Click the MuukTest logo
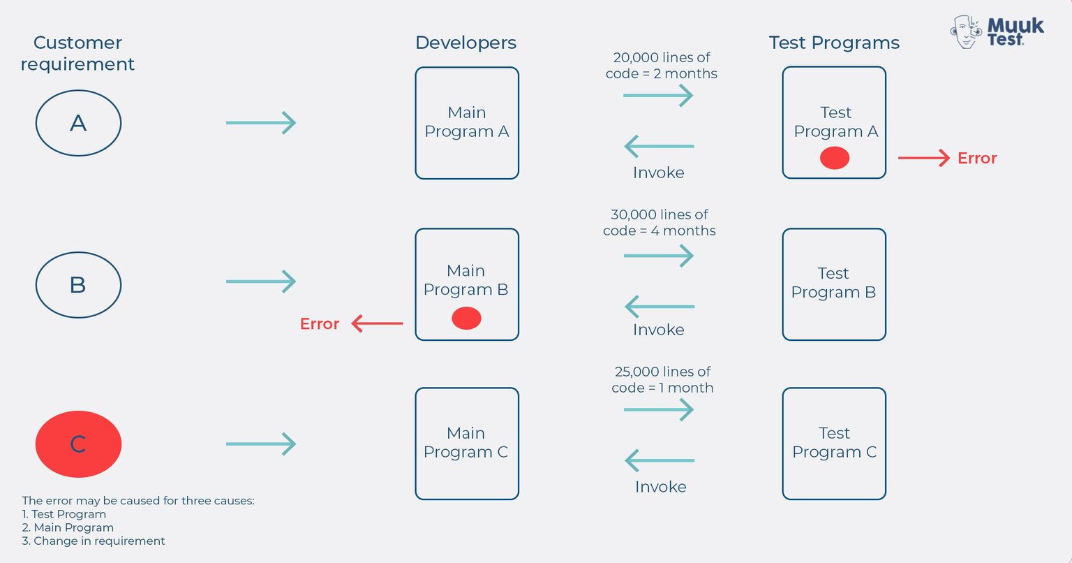(997, 32)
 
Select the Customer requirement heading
(77, 53)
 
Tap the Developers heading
(466, 43)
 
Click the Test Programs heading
(834, 43)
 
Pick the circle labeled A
(78, 123)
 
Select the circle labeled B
(78, 285)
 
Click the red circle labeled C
(78, 444)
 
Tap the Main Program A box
(467, 123)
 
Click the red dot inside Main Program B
(466, 319)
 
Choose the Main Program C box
(467, 444)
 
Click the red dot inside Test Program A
(834, 159)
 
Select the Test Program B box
(834, 284)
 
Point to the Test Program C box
(834, 444)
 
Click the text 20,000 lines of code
(661, 66)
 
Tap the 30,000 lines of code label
(660, 222)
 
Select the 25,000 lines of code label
(662, 379)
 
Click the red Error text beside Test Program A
(977, 159)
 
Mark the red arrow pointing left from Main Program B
(377, 323)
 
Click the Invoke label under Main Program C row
(660, 487)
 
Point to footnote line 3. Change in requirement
(94, 541)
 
